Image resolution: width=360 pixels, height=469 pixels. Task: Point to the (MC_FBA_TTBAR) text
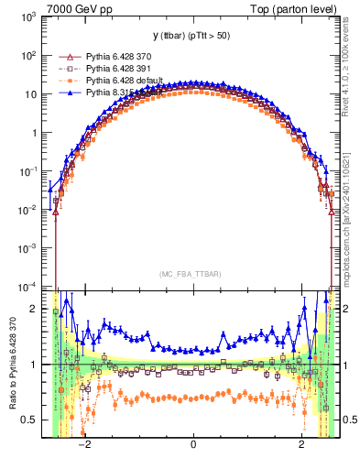pos(192,275)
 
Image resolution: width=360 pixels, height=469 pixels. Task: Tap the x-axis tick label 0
pos(193,444)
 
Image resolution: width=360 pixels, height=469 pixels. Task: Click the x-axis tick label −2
pos(84,444)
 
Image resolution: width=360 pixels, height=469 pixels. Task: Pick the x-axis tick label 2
pos(302,444)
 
